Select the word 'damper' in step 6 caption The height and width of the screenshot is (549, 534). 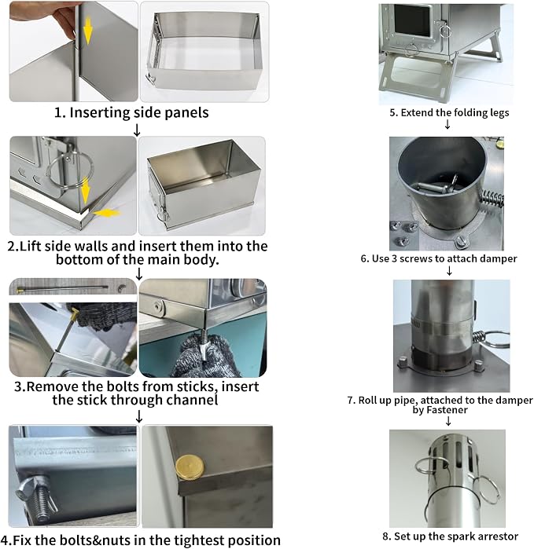click(499, 258)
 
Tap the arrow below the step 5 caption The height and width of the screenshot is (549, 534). click(447, 124)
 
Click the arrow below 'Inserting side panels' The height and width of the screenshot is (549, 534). click(137, 130)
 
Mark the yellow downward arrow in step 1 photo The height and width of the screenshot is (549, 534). click(87, 31)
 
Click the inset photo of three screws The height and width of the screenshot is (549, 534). click(404, 235)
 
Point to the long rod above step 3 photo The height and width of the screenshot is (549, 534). click(62, 288)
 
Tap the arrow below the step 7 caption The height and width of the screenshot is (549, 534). click(448, 421)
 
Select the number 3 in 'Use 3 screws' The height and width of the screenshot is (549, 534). click(394, 258)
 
